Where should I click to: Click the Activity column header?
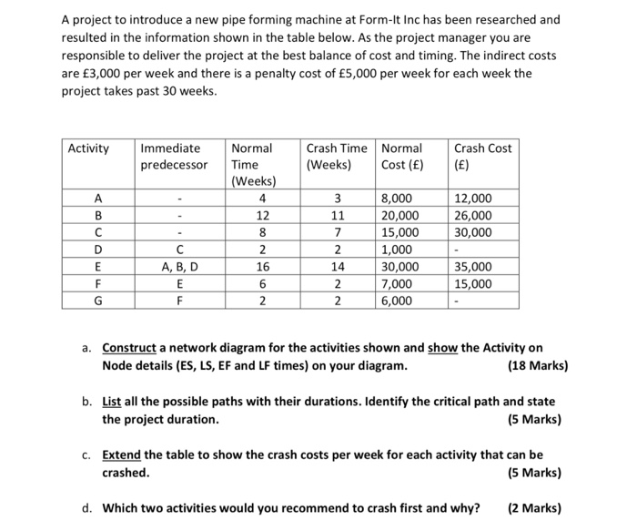point(88,148)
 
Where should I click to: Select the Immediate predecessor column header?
point(173,157)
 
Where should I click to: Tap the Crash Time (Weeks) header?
point(337,157)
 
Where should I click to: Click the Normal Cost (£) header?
point(401,157)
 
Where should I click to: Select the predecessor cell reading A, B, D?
point(180,267)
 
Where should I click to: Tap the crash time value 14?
point(337,267)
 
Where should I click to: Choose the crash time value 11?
point(337,216)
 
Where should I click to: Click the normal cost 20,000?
point(399,216)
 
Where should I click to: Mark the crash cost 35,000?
point(472,267)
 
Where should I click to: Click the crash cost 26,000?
point(472,216)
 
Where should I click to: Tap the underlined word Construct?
point(132,348)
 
